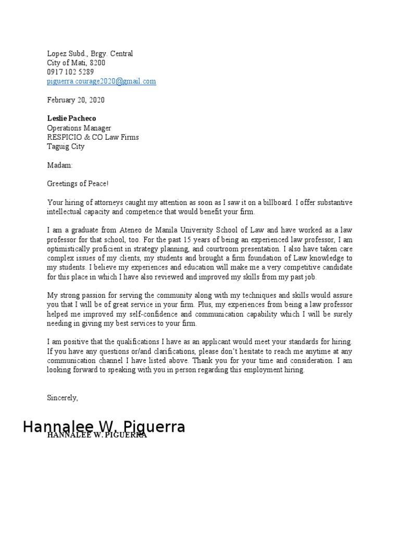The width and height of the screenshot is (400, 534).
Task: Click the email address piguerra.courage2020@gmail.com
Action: click(102, 81)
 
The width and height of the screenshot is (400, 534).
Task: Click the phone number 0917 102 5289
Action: click(70, 72)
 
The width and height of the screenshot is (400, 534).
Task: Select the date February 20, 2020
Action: click(76, 100)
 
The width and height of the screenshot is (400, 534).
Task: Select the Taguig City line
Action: click(66, 147)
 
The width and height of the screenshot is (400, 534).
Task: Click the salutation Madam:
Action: click(60, 165)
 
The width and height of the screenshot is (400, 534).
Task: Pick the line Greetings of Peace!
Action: click(78, 184)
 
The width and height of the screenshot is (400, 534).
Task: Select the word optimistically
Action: click(67, 249)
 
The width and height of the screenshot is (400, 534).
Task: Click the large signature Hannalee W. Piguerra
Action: click(104, 427)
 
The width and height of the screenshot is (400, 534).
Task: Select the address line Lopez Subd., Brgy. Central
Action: click(90, 53)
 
